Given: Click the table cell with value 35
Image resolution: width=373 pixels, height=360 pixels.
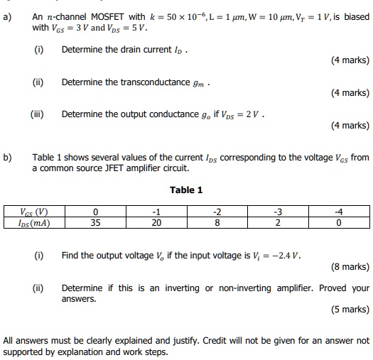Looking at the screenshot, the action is (x=94, y=222).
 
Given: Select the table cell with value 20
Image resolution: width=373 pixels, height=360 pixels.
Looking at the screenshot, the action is (x=156, y=222).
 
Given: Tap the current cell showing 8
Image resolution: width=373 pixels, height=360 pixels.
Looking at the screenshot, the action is (x=217, y=222).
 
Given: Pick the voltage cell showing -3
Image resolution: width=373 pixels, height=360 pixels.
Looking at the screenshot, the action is (x=279, y=212).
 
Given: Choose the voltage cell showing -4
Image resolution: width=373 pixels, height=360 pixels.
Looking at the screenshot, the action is (x=339, y=212).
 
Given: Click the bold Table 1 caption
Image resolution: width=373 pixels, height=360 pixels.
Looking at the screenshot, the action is (x=186, y=190).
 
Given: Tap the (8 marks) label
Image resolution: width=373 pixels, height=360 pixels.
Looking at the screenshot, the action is (x=350, y=267).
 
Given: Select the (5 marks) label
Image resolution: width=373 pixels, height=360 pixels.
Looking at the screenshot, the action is (x=350, y=310).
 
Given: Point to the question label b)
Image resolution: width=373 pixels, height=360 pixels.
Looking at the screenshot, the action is (x=8, y=157).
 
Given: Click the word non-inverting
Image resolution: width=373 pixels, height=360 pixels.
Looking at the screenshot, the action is (x=242, y=288).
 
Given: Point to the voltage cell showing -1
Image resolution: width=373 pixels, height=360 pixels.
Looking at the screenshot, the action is (x=156, y=212).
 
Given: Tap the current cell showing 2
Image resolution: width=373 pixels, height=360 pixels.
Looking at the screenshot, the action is (x=279, y=222).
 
